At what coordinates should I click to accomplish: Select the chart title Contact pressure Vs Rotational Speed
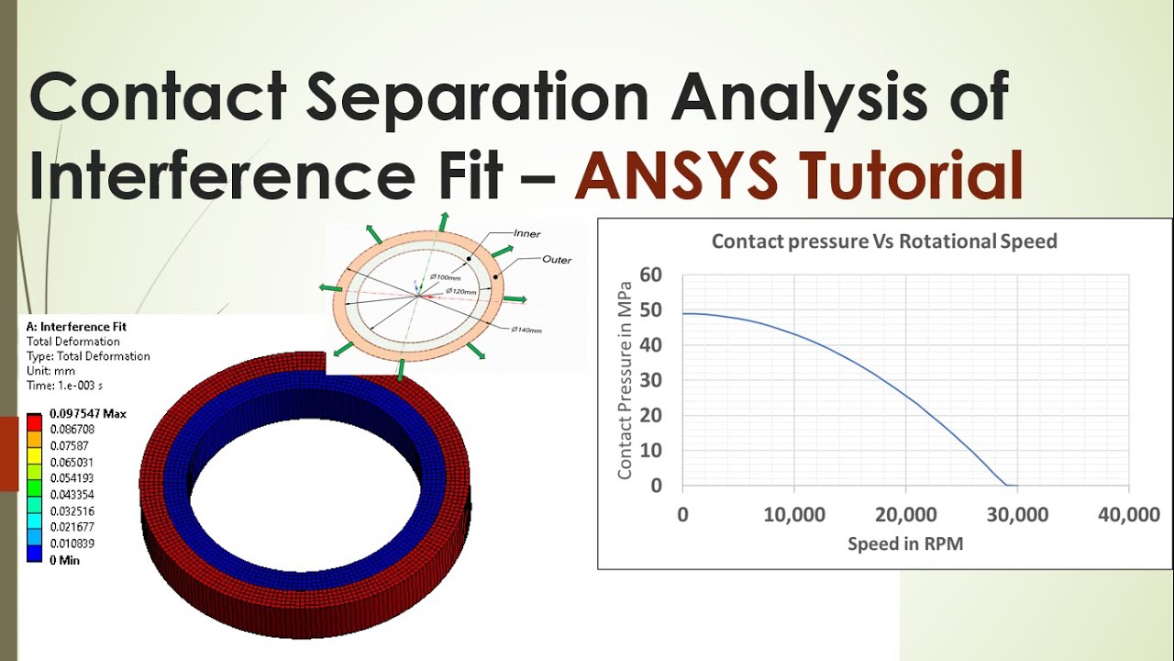pyautogui.click(x=884, y=241)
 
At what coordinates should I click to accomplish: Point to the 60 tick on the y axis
pyautogui.click(x=650, y=274)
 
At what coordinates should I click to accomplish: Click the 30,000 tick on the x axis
pyautogui.click(x=1017, y=515)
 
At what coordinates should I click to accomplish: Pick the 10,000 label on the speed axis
pyautogui.click(x=794, y=515)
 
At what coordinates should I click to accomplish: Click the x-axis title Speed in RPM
pyautogui.click(x=905, y=543)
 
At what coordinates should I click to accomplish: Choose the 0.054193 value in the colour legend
pyautogui.click(x=72, y=478)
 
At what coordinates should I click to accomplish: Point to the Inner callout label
pyautogui.click(x=527, y=234)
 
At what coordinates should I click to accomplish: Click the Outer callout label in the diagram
pyautogui.click(x=557, y=260)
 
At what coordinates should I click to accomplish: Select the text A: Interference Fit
pyautogui.click(x=76, y=327)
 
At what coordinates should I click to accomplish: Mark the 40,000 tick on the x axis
pyautogui.click(x=1129, y=515)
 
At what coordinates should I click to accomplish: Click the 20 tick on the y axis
pyautogui.click(x=650, y=415)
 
